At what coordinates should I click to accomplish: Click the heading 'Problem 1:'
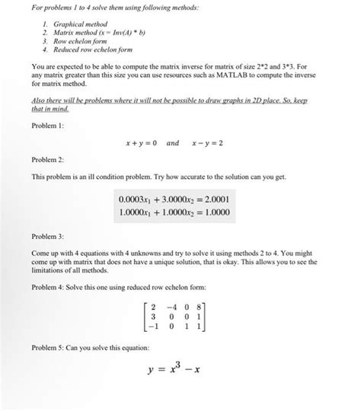(x=47, y=123)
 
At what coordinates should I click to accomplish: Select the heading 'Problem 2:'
(x=47, y=160)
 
